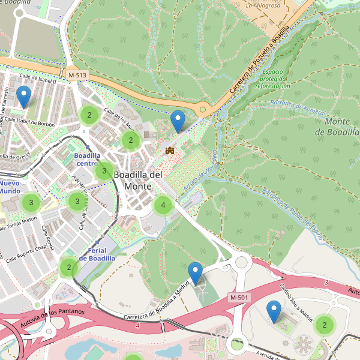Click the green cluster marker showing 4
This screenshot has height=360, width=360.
tap(163, 206)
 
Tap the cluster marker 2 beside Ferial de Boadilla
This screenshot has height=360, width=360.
tap(69, 268)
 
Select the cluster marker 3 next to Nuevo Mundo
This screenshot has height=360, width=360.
tap(31, 203)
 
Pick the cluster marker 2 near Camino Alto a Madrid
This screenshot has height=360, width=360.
tap(325, 325)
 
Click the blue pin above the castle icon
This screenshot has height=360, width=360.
tap(178, 122)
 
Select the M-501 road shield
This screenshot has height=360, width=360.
tap(239, 298)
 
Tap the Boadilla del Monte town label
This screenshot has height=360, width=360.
tap(138, 180)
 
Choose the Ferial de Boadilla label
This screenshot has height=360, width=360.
tap(97, 254)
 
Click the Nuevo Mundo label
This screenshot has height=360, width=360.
tap(10, 187)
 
